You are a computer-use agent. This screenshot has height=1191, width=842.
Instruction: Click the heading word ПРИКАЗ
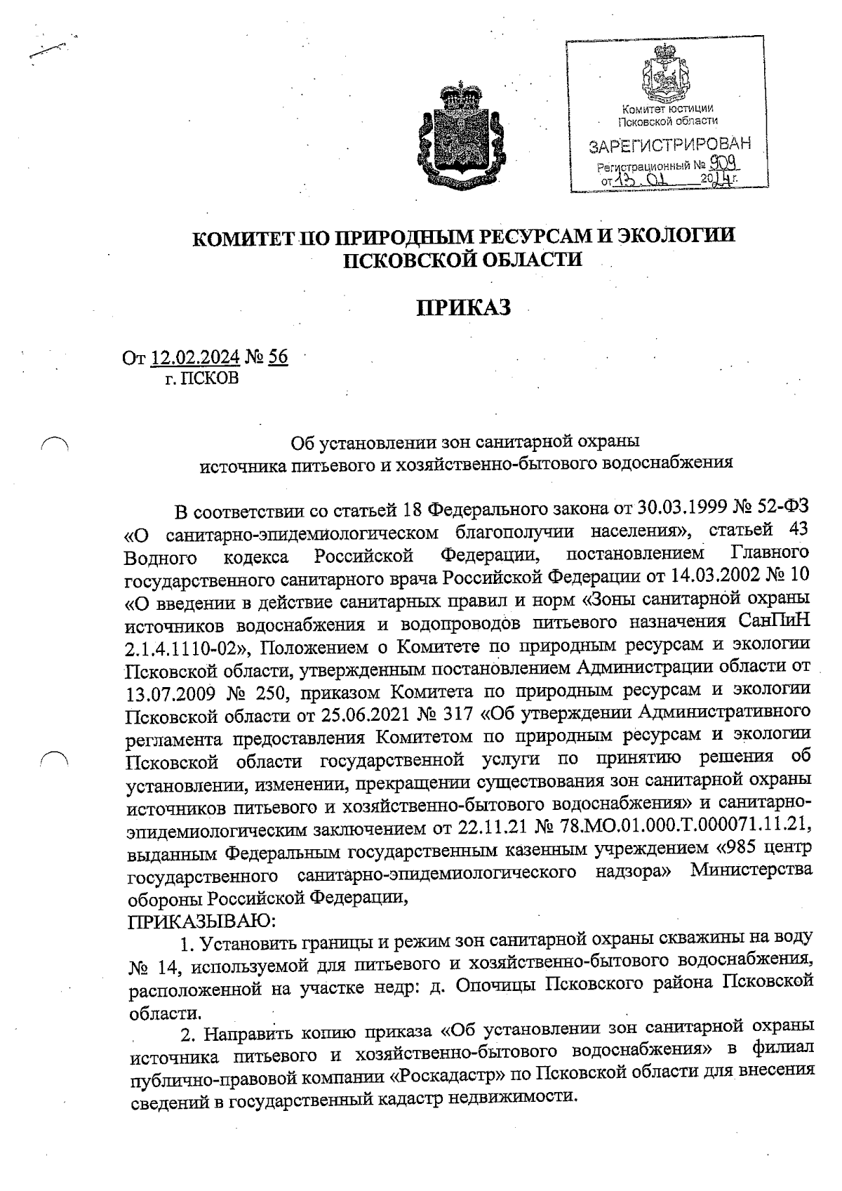(463, 307)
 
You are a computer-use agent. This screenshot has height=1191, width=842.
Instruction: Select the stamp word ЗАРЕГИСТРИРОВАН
(669, 146)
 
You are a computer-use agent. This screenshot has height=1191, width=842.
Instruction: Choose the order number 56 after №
(278, 357)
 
